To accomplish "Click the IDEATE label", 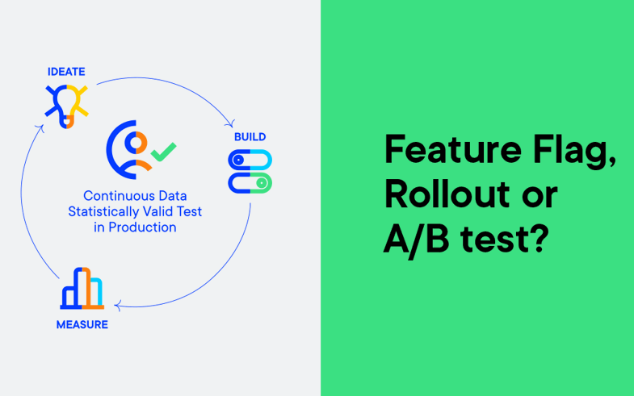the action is click(x=66, y=72).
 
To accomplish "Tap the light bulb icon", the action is click(x=67, y=106).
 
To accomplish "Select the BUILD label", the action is click(x=250, y=137).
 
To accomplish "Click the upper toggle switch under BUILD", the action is click(x=250, y=160).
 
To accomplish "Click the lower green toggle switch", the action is click(x=250, y=183).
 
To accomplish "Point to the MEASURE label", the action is click(x=82, y=324).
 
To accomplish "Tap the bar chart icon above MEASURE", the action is click(x=82, y=288).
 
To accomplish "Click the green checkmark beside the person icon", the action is click(x=163, y=152).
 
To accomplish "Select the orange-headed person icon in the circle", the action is click(x=128, y=149).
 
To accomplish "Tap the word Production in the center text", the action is click(x=142, y=227).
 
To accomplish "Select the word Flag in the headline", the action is click(x=574, y=152).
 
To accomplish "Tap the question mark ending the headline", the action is click(x=539, y=238).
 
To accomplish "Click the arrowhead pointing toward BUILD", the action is click(x=231, y=124).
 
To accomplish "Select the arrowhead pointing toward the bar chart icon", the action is click(x=118, y=306).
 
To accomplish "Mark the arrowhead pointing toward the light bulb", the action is click(x=40, y=127).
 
